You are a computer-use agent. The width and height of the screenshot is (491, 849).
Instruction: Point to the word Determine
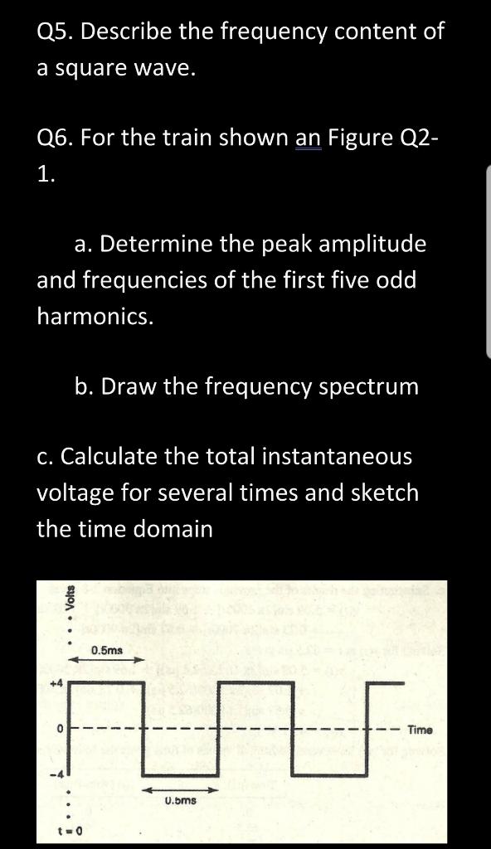(x=166, y=245)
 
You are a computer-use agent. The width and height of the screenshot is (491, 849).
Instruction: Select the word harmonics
(x=95, y=316)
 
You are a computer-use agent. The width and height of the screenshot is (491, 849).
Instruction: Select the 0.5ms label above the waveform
(x=108, y=650)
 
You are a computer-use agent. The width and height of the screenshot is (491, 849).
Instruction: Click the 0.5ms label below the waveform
(x=179, y=801)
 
